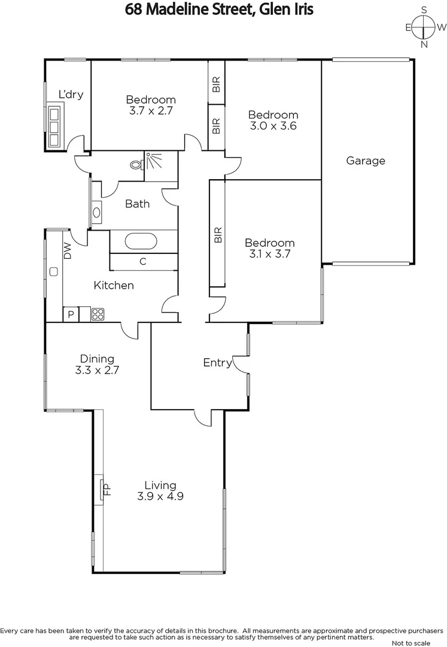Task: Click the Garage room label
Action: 365,161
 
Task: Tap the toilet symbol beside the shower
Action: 136,163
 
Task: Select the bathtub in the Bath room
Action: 141,242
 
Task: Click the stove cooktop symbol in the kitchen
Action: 98,313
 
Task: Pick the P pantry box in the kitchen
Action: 71,314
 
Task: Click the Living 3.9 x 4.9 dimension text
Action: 160,496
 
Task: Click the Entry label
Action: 217,362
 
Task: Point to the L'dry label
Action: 71,94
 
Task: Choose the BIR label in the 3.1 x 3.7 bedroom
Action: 217,234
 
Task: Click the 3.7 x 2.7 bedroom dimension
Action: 150,111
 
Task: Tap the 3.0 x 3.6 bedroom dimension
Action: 273,126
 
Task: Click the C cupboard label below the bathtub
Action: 143,261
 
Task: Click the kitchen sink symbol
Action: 54,272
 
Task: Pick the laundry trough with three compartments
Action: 56,125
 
